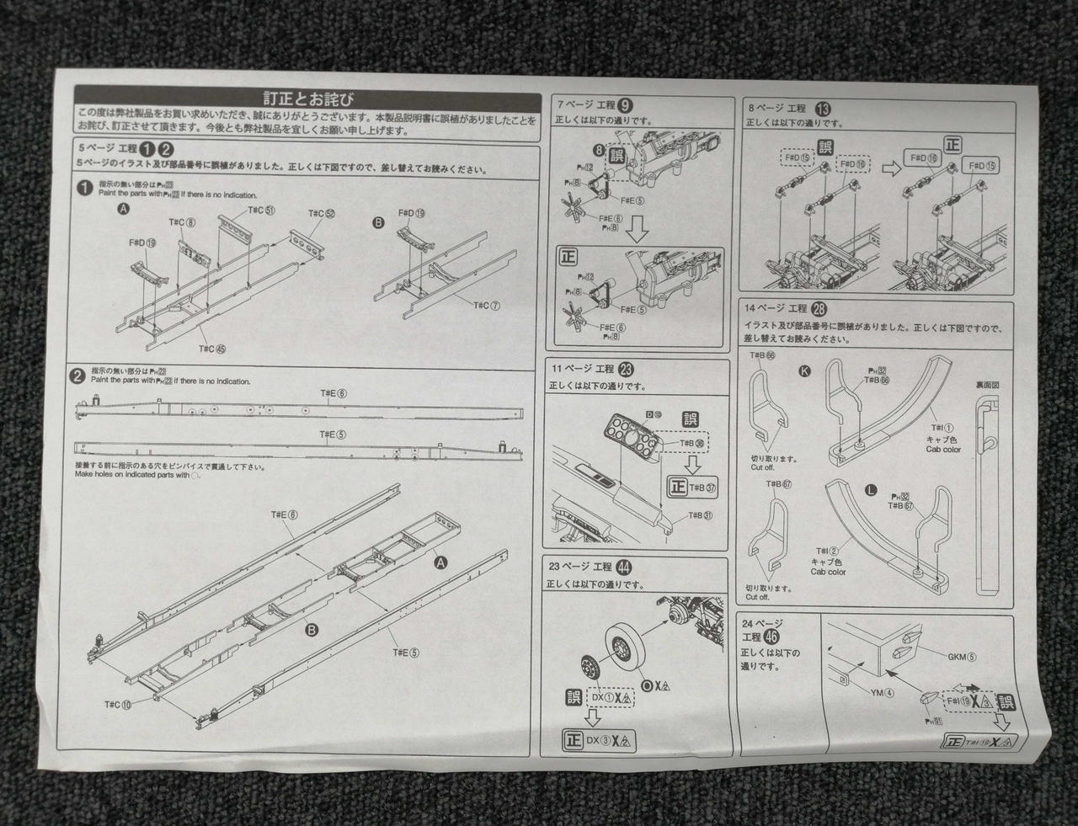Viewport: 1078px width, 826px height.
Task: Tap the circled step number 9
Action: tap(625, 105)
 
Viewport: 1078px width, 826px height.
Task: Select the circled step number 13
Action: tap(824, 109)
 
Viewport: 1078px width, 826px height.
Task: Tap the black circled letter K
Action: tap(805, 371)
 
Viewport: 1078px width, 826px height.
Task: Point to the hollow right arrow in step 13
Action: tap(890, 168)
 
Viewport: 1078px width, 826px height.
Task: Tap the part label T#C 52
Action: tap(322, 213)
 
